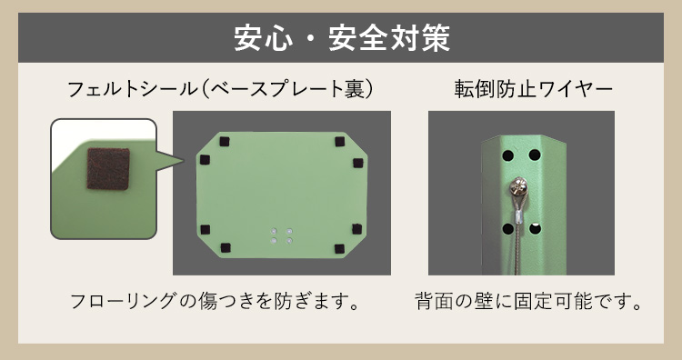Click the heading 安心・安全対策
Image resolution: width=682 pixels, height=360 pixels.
(x=342, y=38)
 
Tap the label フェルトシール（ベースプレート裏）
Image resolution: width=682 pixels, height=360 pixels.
(x=221, y=89)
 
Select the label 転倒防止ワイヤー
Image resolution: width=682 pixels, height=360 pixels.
(x=533, y=89)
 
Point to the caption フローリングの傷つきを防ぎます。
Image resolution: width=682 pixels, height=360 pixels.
(x=216, y=301)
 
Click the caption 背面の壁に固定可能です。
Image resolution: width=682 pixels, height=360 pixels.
(x=528, y=301)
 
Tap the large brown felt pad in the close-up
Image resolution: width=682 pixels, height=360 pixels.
(x=108, y=169)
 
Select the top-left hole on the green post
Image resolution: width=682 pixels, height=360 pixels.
(x=507, y=155)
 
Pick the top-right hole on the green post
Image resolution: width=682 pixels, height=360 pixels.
(x=535, y=155)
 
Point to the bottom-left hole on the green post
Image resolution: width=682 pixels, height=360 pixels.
(x=507, y=229)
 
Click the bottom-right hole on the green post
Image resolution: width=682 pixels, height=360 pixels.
(x=535, y=228)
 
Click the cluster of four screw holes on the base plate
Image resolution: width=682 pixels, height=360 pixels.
(x=281, y=235)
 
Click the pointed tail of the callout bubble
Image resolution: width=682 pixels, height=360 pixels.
(x=184, y=160)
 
